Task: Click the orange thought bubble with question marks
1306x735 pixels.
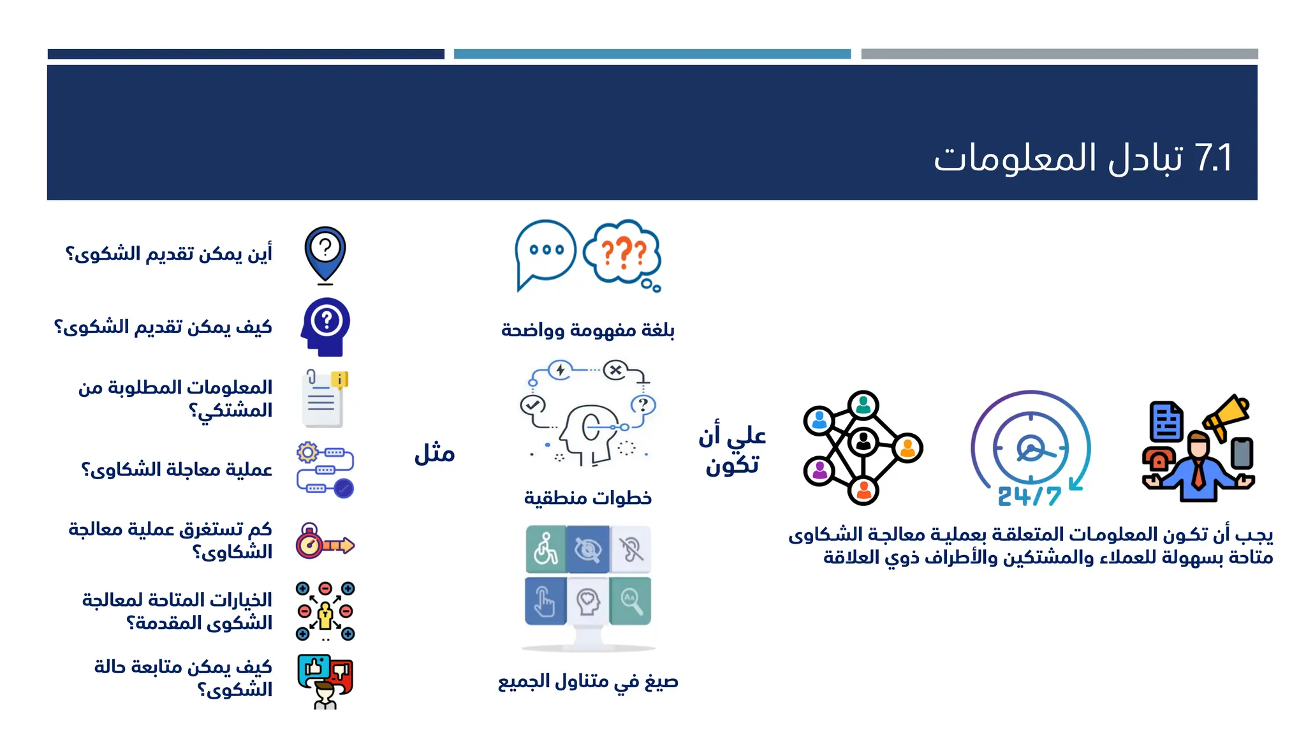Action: (x=622, y=253)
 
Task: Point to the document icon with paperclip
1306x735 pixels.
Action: (x=323, y=399)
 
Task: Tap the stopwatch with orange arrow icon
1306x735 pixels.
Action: (x=325, y=542)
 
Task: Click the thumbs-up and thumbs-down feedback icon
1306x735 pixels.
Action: (x=325, y=680)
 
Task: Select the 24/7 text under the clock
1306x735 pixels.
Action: (x=1029, y=496)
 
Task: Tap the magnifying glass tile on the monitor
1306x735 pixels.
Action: (x=631, y=600)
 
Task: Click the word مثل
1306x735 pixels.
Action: (x=434, y=453)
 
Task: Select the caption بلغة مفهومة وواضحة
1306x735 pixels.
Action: (x=587, y=330)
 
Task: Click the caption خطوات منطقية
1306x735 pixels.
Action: (x=587, y=498)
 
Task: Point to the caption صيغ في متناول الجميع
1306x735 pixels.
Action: (x=587, y=681)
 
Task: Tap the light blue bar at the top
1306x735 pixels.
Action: (x=652, y=54)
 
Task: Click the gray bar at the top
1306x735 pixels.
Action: (x=1059, y=54)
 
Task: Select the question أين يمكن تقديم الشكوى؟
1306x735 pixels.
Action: (x=169, y=253)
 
